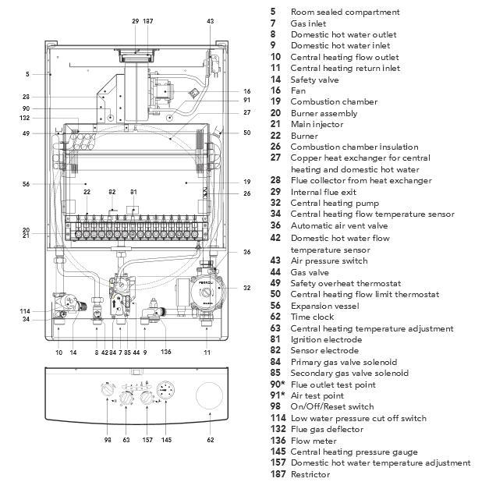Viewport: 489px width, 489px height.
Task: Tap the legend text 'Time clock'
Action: pos(312,317)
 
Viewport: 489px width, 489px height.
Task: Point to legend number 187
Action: pos(277,474)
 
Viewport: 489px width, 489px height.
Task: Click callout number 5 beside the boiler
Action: pos(27,75)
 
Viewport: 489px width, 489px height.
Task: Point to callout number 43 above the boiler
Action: pos(210,21)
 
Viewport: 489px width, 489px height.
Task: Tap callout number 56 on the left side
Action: pos(27,185)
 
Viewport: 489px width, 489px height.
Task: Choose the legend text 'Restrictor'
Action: pos(310,474)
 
